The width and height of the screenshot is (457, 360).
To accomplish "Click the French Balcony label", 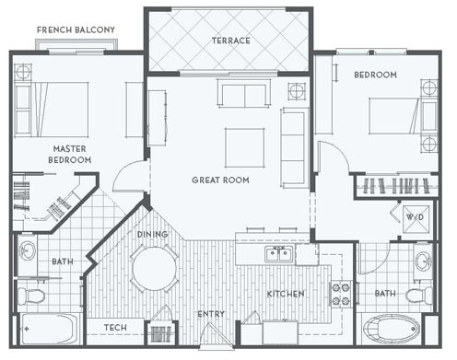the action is pos(76,29).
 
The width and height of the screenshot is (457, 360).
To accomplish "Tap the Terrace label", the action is pos(231,41).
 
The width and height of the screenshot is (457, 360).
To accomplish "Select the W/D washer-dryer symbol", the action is pos(415,218).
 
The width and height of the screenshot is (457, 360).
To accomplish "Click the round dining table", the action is pos(155,268).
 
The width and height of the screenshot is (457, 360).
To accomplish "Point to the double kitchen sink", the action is pos(279,254).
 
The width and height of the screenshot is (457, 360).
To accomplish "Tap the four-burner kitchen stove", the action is pos(341,294).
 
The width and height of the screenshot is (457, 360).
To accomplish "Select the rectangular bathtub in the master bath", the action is pos(48,329).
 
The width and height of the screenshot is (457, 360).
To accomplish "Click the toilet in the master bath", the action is pos(31,296).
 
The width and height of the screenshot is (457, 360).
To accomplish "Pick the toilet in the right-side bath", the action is pos(419,296).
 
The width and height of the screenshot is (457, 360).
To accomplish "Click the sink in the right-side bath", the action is pos(424,261).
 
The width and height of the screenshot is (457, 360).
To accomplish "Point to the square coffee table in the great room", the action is pos(244,147).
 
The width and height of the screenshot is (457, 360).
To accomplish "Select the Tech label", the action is pos(115,328).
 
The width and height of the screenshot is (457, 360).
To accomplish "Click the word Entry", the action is pos(211,314).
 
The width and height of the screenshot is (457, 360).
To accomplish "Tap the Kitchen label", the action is pos(286,294).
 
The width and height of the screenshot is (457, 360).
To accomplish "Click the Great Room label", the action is pos(220,180).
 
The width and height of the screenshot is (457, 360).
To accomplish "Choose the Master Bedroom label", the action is pos(70,154).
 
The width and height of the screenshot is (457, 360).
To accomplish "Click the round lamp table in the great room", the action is pos(297,91).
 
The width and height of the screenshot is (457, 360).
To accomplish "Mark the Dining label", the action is pos(152,235).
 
